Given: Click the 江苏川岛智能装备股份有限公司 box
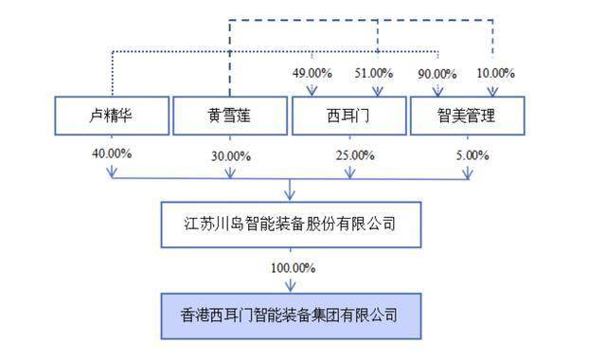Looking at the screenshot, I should pyautogui.click(x=290, y=225).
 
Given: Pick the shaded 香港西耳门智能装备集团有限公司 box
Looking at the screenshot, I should pyautogui.click(x=290, y=312).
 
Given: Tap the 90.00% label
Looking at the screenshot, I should pyautogui.click(x=437, y=73).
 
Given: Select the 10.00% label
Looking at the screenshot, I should pyautogui.click(x=495, y=73).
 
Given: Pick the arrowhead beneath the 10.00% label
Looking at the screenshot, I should pyautogui.click(x=495, y=91).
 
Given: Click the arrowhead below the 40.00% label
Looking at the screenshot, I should pyautogui.click(x=113, y=173).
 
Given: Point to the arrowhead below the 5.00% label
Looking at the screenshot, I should pyautogui.click(x=467, y=173).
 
